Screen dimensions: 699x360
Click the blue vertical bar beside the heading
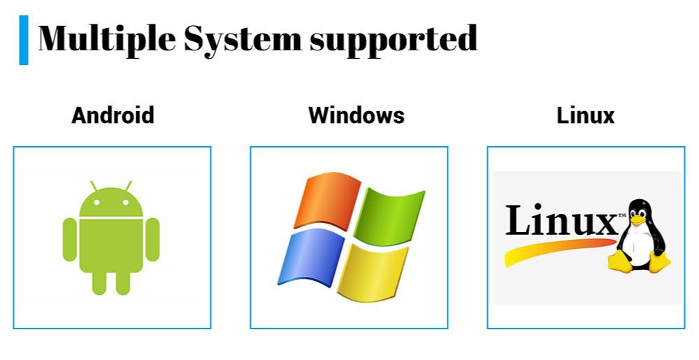24,40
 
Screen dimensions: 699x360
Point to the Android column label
113,115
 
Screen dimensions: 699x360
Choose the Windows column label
356,115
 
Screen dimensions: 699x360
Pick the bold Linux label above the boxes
585,115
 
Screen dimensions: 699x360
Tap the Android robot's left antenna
94,186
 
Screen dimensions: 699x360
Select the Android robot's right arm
152,239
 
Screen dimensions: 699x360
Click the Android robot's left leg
99,282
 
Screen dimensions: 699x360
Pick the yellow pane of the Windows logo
373,273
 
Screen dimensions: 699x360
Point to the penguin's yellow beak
638,219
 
